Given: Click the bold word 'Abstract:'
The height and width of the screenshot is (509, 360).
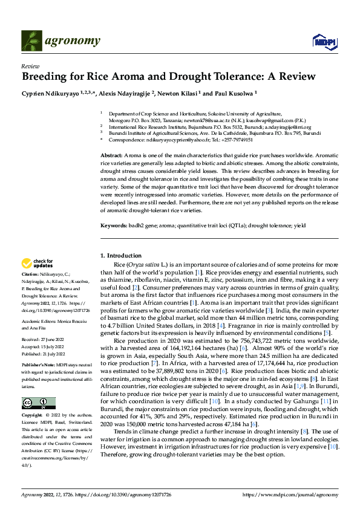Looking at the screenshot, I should [x=112, y=156].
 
